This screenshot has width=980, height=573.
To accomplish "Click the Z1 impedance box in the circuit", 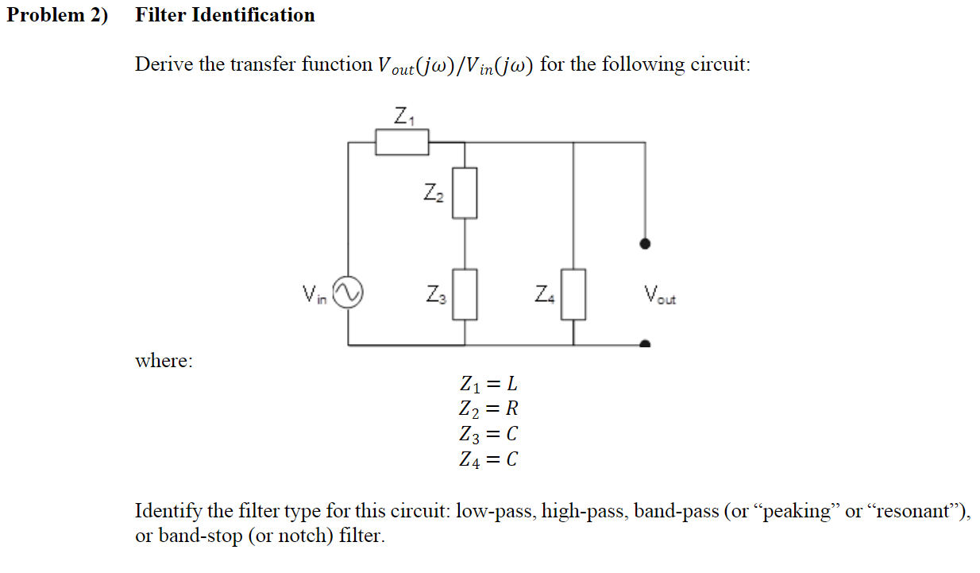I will coord(402,143).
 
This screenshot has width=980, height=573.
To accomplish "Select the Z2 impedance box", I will coord(465,192).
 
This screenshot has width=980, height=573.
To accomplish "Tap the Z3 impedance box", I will coord(465,294).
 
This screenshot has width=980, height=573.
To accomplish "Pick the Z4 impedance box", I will coord(573,294).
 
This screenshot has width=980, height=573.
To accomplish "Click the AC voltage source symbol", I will coord(347,292).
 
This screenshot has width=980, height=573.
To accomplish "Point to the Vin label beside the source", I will coord(314,295).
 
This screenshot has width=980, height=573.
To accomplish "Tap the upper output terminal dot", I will coord(645,244).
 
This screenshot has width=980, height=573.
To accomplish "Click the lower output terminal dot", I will coord(645,345).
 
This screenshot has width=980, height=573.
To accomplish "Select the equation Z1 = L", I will coord(488,385).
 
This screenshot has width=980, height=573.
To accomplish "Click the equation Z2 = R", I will coord(488,409).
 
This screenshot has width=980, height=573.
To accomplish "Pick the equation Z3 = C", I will coord(488,434).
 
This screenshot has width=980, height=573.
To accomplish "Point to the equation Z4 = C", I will coord(488,459).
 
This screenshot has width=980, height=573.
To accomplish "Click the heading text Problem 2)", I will coord(57,15).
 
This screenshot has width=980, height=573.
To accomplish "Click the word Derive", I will coord(164,64).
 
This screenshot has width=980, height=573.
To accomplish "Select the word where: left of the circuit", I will coord(164,361).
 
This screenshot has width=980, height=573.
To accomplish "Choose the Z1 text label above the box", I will coord(403,117).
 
